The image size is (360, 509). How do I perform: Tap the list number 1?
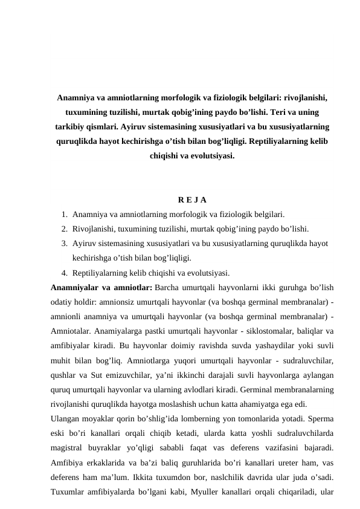click(64, 213)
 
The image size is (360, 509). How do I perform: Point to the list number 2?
click(64, 229)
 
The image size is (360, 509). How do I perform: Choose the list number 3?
click(64, 243)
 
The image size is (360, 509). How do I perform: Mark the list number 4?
click(64, 272)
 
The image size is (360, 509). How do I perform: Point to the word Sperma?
click(320, 418)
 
